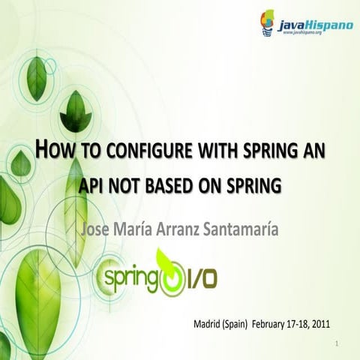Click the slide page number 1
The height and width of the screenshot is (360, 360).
(339, 344)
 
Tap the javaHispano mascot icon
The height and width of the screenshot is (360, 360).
(268, 22)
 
